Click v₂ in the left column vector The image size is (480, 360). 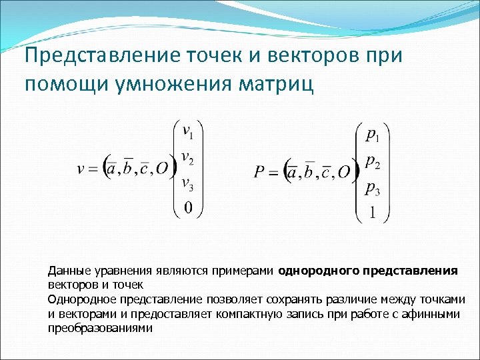coord(188,159)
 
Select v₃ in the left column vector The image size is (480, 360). coord(188,184)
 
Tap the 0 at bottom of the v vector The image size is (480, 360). coord(188,209)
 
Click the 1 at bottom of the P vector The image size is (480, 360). coord(373,213)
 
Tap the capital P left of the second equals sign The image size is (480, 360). coord(259,173)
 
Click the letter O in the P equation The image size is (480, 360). coord(343,173)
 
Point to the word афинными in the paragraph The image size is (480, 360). coord(436,313)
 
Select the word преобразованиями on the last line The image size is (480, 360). coord(100,327)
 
